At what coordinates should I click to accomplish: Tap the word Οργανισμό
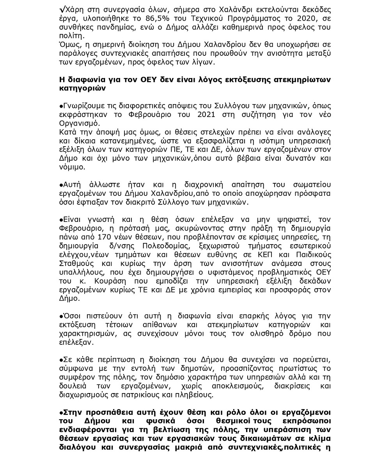pyautogui.click(x=77, y=124)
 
